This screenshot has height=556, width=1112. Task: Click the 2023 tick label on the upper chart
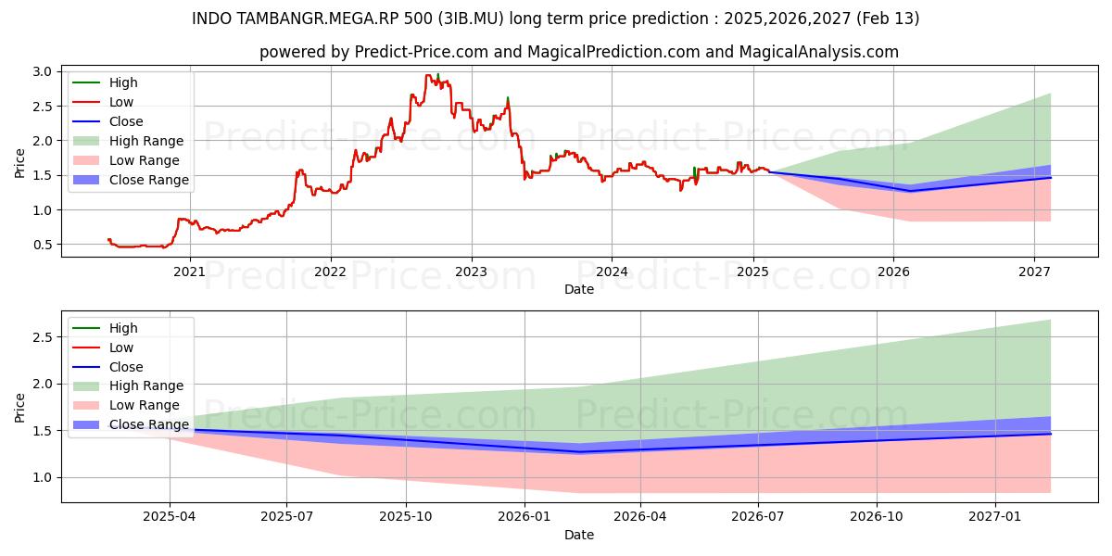coord(471,272)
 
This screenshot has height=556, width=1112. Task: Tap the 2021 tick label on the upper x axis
coord(190,272)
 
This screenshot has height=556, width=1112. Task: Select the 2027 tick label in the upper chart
coord(1034,272)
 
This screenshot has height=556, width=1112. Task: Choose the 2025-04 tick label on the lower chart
coord(170,517)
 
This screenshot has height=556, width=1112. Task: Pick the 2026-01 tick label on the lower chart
coord(524,517)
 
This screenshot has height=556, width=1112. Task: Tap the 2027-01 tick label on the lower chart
coord(994,517)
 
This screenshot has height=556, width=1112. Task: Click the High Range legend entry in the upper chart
coord(146,141)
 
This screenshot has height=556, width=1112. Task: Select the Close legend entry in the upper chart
coord(126,121)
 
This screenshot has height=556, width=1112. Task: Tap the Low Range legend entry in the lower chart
coord(145,405)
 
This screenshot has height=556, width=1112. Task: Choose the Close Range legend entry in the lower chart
coord(149,424)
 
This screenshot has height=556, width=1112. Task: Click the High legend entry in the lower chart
coord(123,328)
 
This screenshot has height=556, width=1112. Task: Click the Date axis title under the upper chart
coord(578,289)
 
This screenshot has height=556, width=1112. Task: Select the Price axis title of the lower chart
coord(20,407)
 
